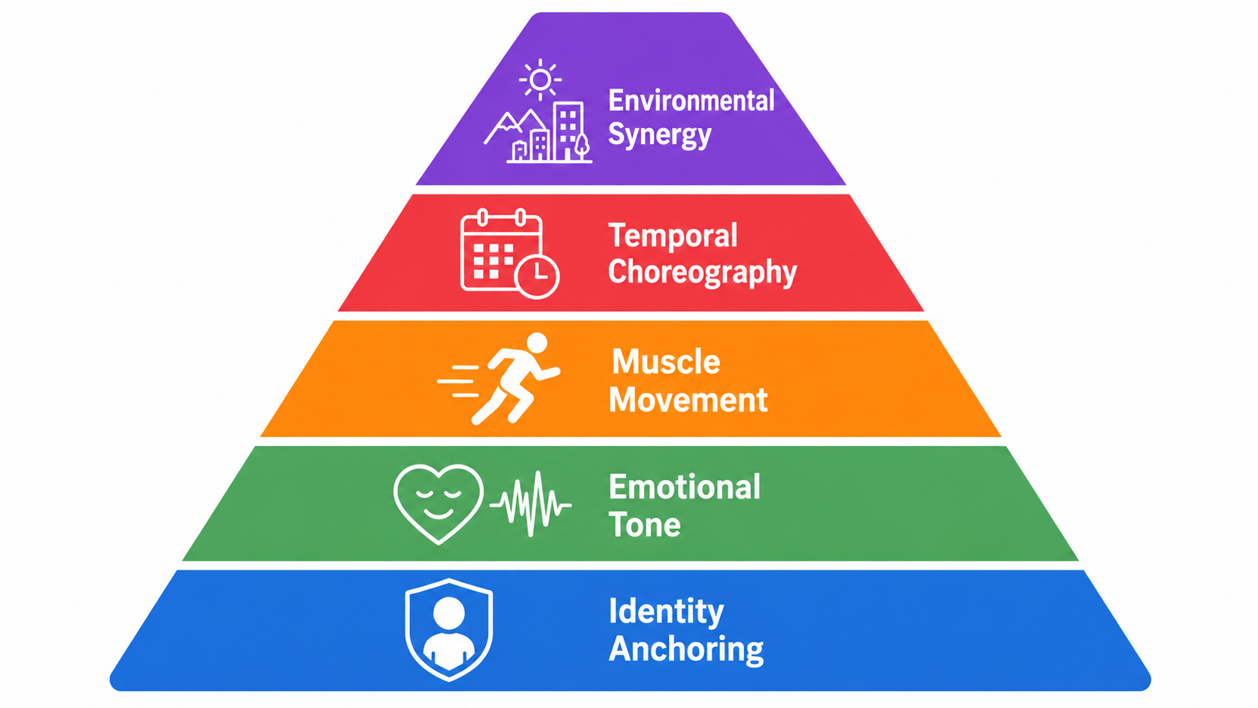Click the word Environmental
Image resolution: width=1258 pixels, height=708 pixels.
click(x=691, y=101)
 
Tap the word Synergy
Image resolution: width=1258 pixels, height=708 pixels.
click(x=660, y=135)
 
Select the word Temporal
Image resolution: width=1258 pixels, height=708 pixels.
click(x=673, y=235)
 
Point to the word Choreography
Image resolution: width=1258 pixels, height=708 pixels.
click(x=703, y=272)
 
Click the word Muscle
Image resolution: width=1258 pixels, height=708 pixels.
click(x=666, y=362)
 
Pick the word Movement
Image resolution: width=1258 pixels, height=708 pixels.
click(x=688, y=400)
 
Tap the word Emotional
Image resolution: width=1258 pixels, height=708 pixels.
click(x=685, y=487)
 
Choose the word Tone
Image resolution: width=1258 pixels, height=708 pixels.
click(x=645, y=525)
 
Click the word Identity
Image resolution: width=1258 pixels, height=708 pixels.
click(x=667, y=612)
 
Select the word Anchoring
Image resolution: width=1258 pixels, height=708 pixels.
click(x=686, y=649)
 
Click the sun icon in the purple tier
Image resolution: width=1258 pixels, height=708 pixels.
click(x=540, y=80)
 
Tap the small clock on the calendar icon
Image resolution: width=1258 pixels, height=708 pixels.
click(x=537, y=276)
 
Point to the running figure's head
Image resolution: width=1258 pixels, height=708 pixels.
click(x=537, y=342)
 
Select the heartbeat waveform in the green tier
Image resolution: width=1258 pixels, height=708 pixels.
click(x=530, y=503)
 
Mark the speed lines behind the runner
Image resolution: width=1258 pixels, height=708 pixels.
click(x=458, y=381)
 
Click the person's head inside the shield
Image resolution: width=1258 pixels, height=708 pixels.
click(x=448, y=613)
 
